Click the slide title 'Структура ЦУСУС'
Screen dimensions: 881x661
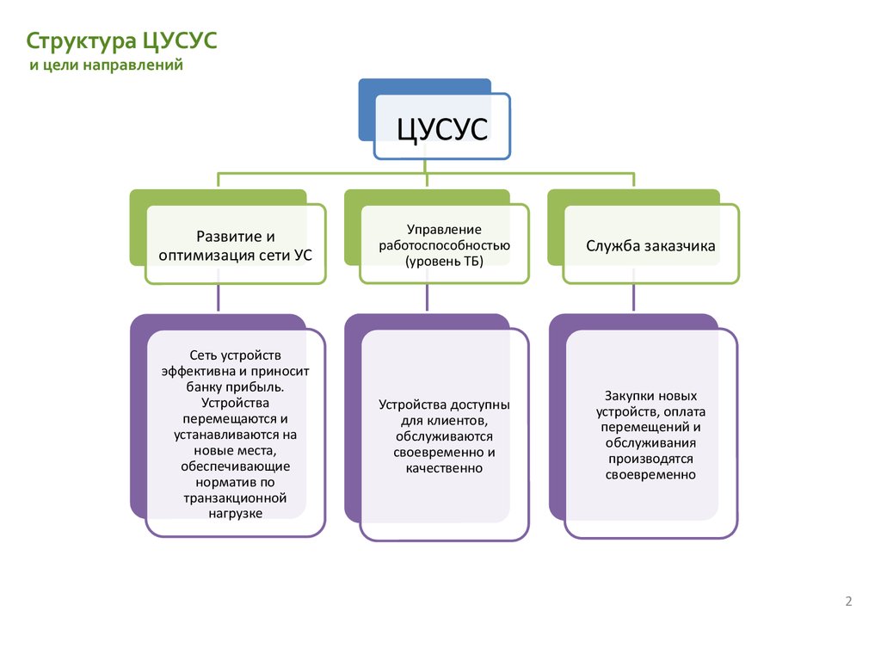click(x=121, y=41)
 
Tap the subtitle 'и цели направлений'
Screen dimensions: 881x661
click(x=106, y=65)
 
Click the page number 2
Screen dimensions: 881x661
click(x=848, y=602)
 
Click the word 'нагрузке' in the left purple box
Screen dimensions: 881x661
click(x=236, y=514)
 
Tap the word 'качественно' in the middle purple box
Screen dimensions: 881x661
click(x=444, y=468)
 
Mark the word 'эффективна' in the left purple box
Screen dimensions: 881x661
click(x=198, y=372)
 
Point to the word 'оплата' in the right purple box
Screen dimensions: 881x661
click(x=684, y=412)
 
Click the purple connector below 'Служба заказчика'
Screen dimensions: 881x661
click(x=634, y=297)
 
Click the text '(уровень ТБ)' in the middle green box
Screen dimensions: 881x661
click(x=444, y=262)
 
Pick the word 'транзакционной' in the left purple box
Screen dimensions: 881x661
click(x=235, y=498)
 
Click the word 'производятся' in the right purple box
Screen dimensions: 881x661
click(x=650, y=460)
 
